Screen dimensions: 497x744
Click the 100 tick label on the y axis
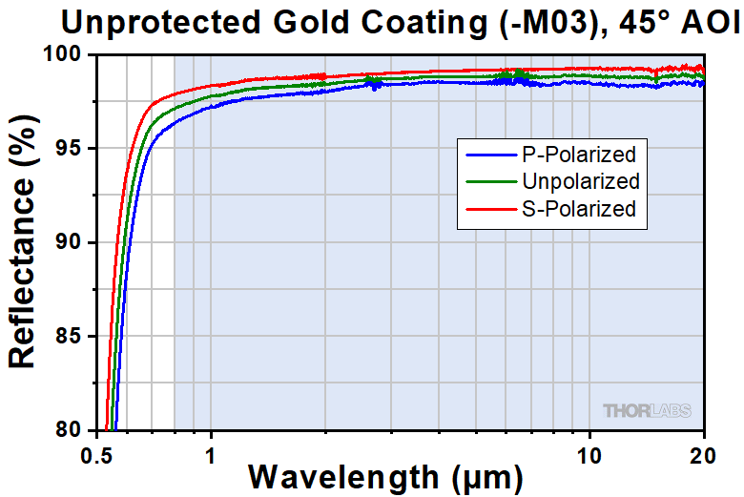[x=68, y=54]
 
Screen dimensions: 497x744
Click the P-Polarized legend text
[x=578, y=153]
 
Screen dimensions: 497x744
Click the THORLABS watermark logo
[x=648, y=410]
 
